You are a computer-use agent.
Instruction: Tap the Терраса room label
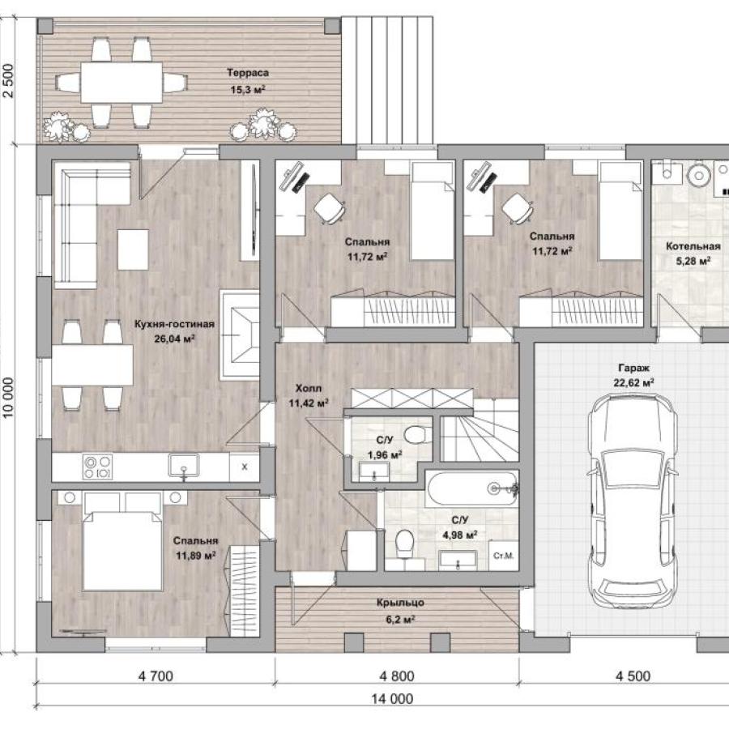point(248,73)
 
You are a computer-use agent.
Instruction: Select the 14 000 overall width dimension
point(392,699)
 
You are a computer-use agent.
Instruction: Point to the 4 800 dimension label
point(397,676)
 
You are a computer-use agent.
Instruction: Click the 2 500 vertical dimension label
point(9,80)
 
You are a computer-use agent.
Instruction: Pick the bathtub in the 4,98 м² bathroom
point(472,488)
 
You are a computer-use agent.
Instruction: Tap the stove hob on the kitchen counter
point(97,467)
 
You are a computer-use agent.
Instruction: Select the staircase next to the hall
point(480,430)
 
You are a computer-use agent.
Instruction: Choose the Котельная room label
point(693,246)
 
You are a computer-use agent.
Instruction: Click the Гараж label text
point(633,368)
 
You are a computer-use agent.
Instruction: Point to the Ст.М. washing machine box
point(504,556)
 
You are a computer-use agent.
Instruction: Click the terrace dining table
point(122,83)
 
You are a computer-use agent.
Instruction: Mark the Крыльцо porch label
point(400,603)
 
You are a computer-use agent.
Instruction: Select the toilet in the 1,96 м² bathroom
point(414,435)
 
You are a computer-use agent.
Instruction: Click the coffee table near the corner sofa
point(133,249)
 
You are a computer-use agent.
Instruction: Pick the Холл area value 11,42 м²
point(309,403)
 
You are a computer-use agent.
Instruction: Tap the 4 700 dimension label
point(156,676)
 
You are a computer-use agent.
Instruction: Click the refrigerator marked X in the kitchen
point(245,467)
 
